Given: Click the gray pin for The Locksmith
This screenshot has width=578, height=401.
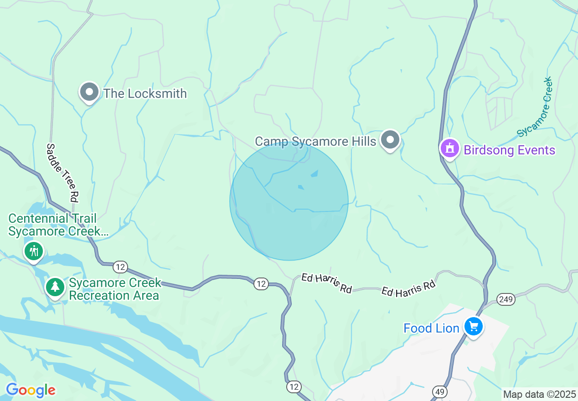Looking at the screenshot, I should tap(89, 93).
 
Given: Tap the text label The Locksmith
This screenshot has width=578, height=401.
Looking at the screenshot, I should tap(145, 93).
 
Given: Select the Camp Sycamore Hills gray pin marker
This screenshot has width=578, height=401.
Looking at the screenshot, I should tap(390, 140).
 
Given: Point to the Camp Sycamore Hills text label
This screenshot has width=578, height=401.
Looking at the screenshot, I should tap(315, 141).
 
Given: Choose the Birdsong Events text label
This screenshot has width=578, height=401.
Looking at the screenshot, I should tap(509, 150).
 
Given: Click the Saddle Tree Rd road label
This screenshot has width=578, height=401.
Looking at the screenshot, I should tap(62, 172).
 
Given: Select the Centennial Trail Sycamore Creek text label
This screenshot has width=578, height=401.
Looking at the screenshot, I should tap(58, 225).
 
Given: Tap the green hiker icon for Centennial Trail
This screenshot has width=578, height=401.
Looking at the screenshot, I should tap(34, 251).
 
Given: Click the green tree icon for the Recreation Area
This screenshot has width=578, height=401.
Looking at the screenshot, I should tap(55, 287).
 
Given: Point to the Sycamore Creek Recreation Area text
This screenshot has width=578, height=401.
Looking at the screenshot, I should tap(114, 289).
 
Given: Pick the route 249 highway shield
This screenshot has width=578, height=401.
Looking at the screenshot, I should tap(506, 299).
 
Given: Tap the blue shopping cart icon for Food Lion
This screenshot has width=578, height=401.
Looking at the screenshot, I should tap(474, 327).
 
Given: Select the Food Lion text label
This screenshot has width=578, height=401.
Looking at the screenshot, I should tap(431, 328).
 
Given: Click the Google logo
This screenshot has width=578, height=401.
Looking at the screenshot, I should tap(31, 391).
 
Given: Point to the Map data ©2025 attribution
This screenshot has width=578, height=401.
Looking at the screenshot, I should tap(539, 394).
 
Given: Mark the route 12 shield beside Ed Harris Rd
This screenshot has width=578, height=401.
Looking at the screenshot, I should tap(261, 284).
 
